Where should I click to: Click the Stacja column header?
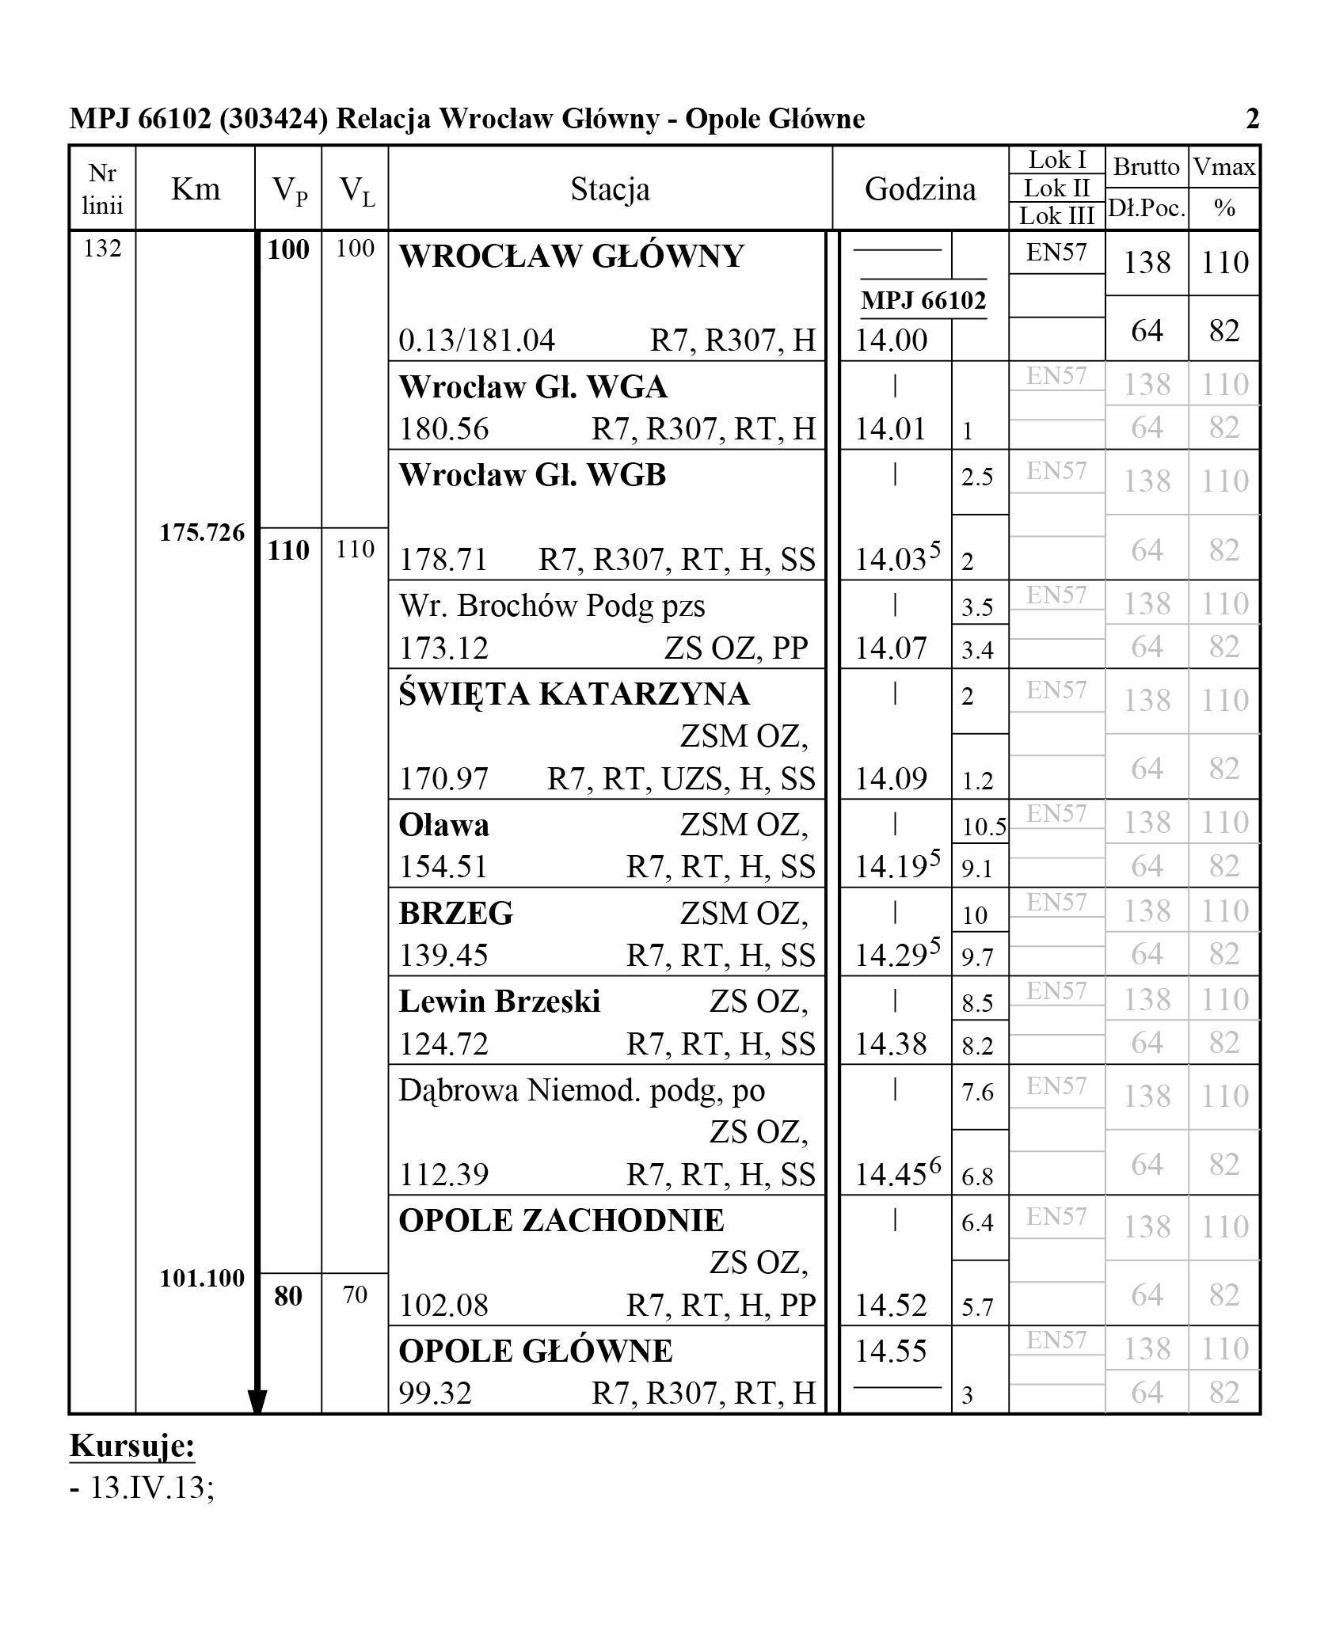610,189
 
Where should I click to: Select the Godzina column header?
919,189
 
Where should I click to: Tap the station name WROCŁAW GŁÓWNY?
571,257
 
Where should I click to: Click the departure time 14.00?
891,340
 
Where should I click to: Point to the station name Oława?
443,825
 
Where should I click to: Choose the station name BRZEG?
455,913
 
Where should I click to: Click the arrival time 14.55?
891,1351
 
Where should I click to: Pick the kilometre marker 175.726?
202,533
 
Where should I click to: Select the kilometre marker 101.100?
202,1278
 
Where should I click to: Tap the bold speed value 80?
287,1296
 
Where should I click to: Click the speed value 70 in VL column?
354,1295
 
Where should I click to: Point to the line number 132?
102,249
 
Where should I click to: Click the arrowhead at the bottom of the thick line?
257,1402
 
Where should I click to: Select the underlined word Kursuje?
132,1446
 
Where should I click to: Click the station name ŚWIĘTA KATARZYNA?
573,694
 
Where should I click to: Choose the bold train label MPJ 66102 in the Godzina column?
923,300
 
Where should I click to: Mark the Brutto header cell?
1146,167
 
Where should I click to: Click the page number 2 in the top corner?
1252,119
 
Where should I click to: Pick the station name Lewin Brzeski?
499,1002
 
